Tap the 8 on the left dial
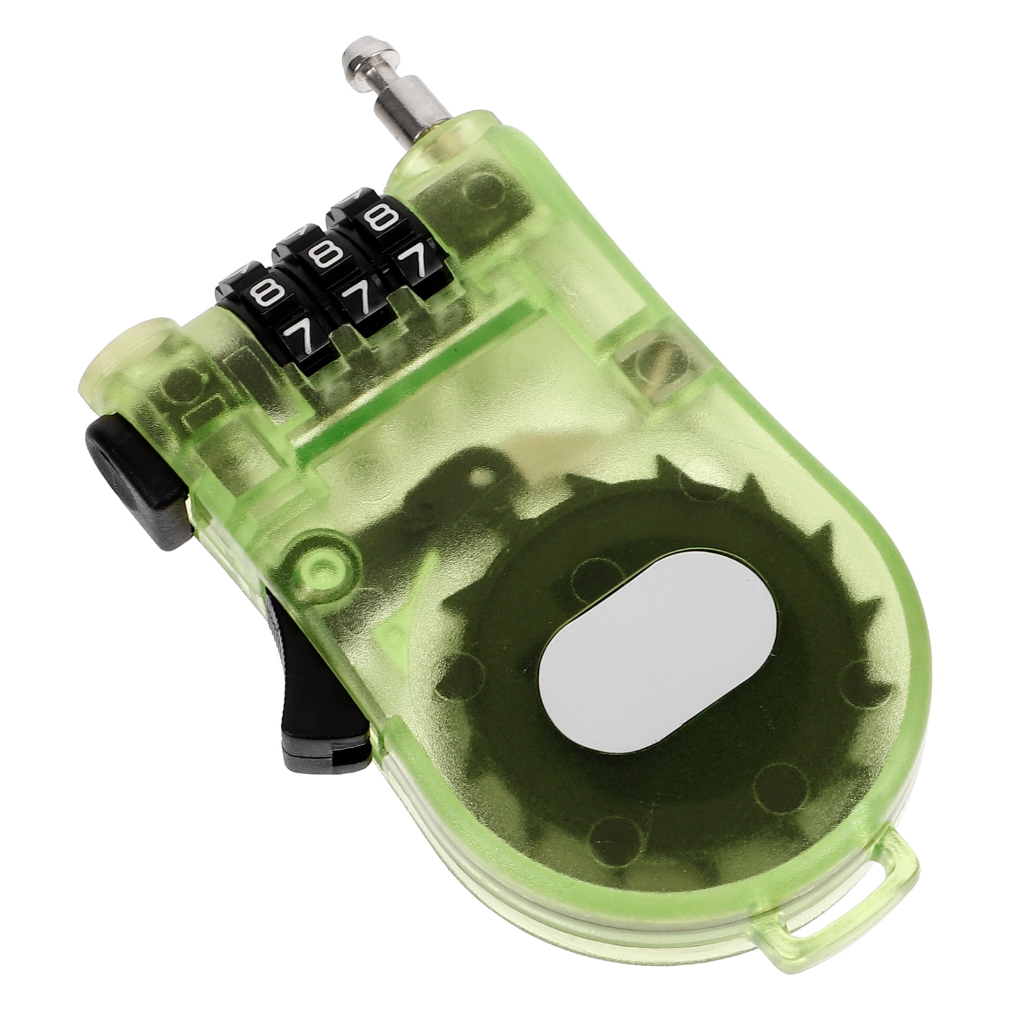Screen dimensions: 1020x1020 (x=262, y=294)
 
